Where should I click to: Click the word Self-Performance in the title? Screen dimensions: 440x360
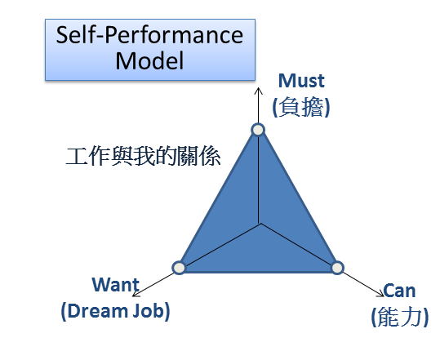pos(149,36)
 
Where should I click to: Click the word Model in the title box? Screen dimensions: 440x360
pos(149,60)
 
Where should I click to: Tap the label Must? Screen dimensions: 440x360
pos(301,81)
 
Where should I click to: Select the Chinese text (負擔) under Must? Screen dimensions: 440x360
pos(301,107)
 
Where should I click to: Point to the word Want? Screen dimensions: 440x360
pos(116,285)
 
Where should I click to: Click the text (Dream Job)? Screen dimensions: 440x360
pos(115,311)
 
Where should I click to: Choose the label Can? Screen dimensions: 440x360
pos(399,291)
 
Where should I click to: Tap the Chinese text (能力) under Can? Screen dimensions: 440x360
pos(400,317)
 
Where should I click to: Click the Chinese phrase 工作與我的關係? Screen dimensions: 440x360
pos(143,156)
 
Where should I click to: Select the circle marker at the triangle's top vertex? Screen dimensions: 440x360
pos(258,130)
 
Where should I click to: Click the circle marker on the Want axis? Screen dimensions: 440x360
pos(179,268)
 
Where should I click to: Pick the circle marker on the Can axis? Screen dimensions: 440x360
pos(337,268)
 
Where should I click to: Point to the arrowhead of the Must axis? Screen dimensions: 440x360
pos(258,88)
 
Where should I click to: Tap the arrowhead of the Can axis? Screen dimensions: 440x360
pos(383,296)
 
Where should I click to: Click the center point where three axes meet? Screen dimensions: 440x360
pos(260,224)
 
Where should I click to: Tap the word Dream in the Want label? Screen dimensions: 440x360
pos(96,311)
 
